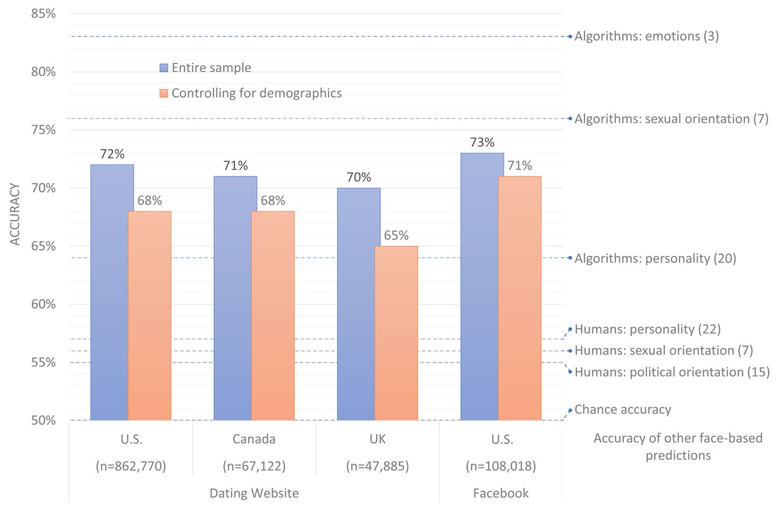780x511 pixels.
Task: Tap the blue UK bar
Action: (358, 304)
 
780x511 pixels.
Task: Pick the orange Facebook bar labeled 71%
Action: (520, 299)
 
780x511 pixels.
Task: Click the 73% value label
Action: (482, 143)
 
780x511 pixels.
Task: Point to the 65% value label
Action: (396, 236)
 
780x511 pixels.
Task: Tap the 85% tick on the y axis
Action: (44, 13)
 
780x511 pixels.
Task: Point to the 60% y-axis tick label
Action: (44, 304)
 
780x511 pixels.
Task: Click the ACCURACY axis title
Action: (15, 214)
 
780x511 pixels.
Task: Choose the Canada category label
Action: (254, 439)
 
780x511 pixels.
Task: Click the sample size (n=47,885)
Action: (378, 466)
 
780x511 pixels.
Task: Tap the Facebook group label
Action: (501, 493)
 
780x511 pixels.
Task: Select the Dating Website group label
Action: (254, 493)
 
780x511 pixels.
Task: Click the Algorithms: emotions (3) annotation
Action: (647, 37)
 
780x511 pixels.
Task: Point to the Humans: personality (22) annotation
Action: (647, 329)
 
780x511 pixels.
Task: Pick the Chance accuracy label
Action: (623, 409)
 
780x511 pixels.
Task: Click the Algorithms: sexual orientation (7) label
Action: (671, 119)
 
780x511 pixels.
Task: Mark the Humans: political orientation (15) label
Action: (672, 372)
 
